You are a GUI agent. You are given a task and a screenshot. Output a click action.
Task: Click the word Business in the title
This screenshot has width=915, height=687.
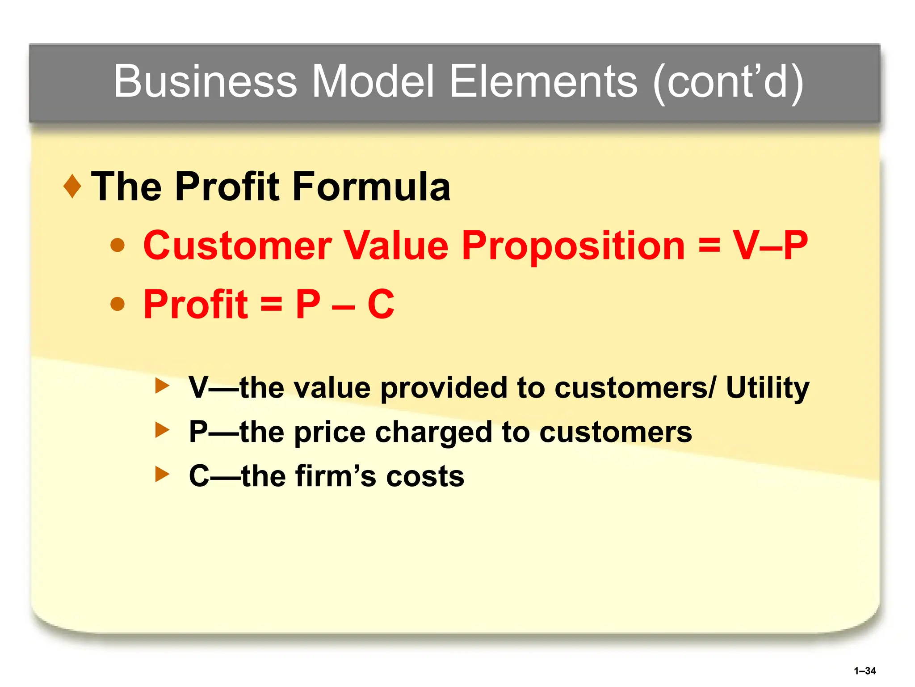pos(205,81)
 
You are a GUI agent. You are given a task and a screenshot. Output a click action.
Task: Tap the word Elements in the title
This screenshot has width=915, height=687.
pos(543,81)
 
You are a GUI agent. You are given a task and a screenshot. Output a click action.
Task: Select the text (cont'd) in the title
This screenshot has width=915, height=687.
pos(728,82)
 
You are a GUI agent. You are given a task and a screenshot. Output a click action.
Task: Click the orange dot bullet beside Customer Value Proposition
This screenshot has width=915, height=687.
pos(118,245)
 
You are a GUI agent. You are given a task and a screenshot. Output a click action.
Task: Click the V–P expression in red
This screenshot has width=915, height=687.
pos(770,245)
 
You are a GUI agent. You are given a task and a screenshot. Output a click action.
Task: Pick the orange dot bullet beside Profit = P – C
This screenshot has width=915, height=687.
pos(118,304)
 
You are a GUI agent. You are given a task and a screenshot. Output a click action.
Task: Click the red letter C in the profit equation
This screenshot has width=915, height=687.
pos(381,304)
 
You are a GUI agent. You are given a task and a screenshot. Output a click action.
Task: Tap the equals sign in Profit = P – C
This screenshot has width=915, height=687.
pos(272,304)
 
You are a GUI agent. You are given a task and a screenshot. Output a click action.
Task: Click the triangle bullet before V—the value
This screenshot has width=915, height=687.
pos(162,386)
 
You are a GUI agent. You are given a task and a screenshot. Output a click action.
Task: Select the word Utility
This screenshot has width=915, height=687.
pos(767,388)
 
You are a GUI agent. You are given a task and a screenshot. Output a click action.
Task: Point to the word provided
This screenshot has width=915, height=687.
pos(444,387)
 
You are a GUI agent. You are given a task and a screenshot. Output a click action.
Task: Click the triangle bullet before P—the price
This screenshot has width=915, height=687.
pos(162,431)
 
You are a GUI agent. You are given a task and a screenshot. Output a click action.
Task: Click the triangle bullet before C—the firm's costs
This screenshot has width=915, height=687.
pos(162,475)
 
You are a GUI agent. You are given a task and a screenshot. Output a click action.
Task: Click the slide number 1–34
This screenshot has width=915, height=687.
pos(865,671)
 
